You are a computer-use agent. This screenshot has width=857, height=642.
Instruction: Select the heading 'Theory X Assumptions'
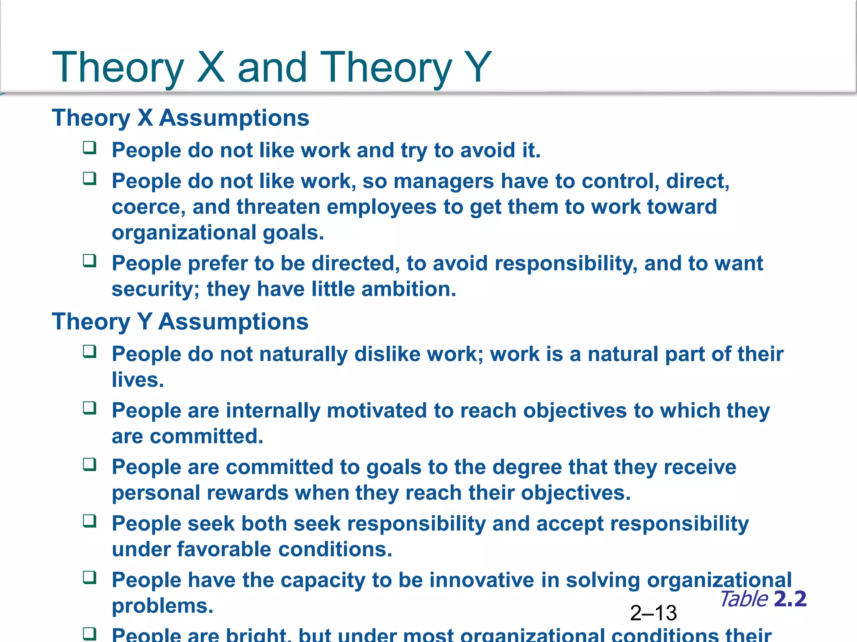tap(180, 118)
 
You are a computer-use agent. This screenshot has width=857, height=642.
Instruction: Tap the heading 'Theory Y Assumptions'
tap(180, 322)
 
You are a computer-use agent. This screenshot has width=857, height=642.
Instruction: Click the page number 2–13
tap(653, 613)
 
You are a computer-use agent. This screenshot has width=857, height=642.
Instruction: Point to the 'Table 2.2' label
tap(763, 599)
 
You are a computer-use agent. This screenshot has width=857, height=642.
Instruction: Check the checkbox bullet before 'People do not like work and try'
tap(90, 148)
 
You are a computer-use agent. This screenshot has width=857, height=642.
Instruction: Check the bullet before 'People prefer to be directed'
tap(90, 261)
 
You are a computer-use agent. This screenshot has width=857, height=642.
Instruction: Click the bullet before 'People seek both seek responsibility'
tap(90, 521)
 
